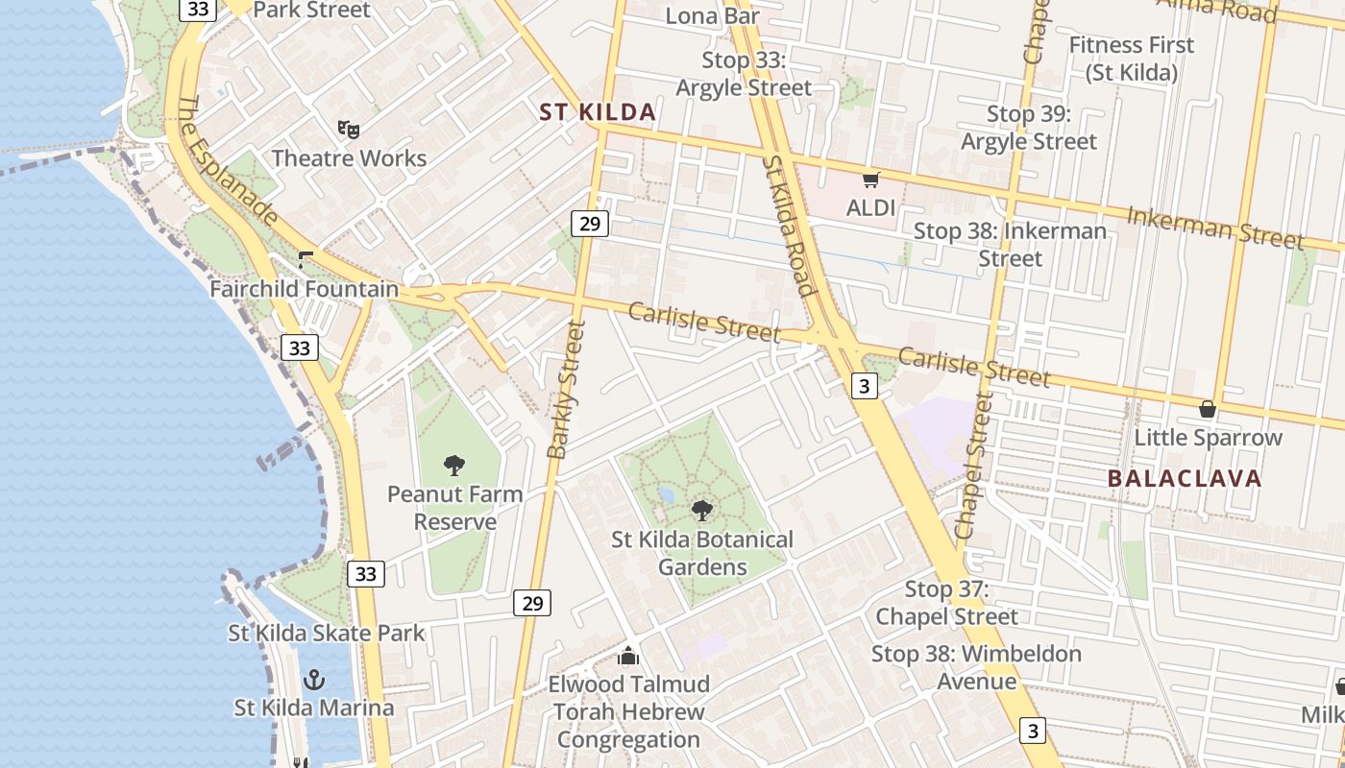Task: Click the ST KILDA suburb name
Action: click(598, 112)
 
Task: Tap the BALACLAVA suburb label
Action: click(1184, 478)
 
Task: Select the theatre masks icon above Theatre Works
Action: click(348, 129)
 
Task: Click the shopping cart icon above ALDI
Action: click(871, 180)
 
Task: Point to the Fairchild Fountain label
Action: click(304, 289)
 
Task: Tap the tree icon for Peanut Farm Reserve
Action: click(454, 466)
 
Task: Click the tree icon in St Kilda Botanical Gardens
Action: click(702, 511)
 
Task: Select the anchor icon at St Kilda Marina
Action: click(313, 680)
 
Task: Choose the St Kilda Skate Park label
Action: click(326, 633)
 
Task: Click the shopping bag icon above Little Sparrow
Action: click(1208, 409)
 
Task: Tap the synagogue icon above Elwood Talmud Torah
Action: click(628, 656)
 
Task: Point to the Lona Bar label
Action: click(712, 15)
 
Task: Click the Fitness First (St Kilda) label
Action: click(1132, 58)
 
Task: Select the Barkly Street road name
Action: click(566, 389)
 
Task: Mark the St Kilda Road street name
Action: click(789, 227)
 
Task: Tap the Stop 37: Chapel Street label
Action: click(946, 603)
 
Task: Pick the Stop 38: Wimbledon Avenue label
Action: click(976, 667)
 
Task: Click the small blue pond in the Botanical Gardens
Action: click(666, 496)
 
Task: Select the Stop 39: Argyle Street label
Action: click(1029, 128)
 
